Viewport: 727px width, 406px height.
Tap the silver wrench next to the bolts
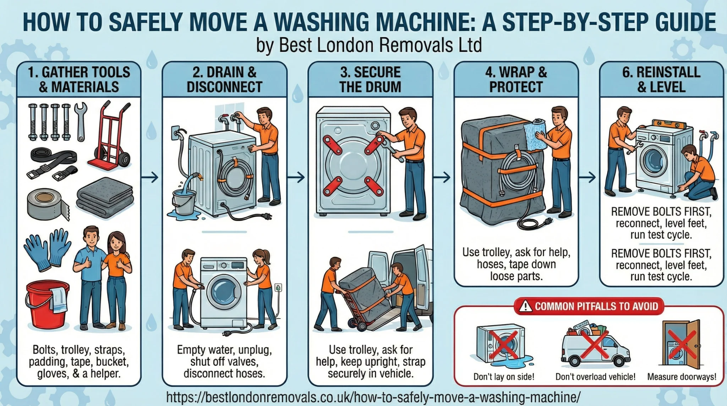tap(81, 121)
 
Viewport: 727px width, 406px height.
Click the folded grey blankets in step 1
tap(105, 198)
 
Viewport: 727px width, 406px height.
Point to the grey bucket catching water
tap(184, 202)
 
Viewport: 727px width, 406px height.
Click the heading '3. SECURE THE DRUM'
tap(370, 80)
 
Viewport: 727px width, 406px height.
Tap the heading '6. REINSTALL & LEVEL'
tap(661, 80)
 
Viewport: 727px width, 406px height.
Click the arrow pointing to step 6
tap(588, 177)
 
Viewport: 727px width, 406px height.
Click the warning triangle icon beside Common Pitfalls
tap(525, 306)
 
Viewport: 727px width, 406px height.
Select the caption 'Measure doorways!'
tap(682, 377)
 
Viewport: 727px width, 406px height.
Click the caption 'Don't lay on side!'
tap(504, 377)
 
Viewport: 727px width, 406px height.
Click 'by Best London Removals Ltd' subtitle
tap(369, 45)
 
